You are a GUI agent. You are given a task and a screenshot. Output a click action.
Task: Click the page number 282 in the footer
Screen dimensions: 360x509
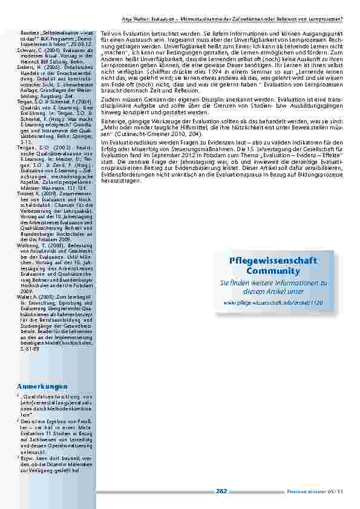pyautogui.click(x=221, y=491)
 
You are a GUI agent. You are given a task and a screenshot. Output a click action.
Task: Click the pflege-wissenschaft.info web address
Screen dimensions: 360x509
pyautogui.click(x=273, y=300)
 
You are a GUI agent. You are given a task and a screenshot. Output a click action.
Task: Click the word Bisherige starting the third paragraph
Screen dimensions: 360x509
pyautogui.click(x=112, y=121)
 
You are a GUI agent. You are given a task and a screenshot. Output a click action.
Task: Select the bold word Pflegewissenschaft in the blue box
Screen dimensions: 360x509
pyautogui.click(x=273, y=260)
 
